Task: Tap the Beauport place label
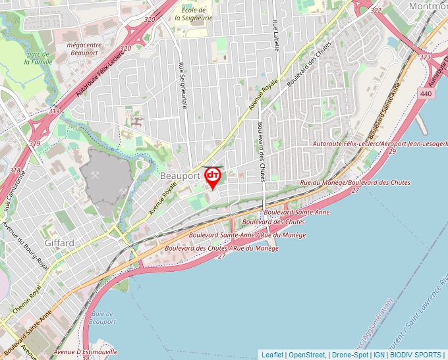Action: coord(179,177)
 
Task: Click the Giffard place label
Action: coord(59,243)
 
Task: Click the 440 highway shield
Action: coord(425,94)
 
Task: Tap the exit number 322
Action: coord(376,10)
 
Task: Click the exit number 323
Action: coord(425,57)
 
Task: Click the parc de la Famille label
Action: coord(38,58)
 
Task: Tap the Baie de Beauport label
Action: coord(102,317)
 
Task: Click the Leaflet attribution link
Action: coord(272,355)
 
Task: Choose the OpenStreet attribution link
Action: coord(306,355)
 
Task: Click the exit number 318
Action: coord(14,170)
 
